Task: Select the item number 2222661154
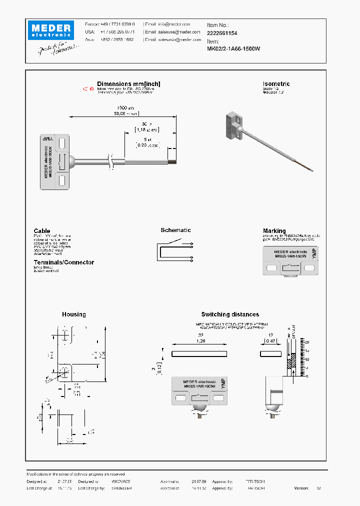pyautogui.click(x=222, y=33)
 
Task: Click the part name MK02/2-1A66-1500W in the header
pyautogui.click(x=233, y=49)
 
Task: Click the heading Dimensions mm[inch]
pyautogui.click(x=128, y=84)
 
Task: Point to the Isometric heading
pyautogui.click(x=276, y=84)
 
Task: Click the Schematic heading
pyautogui.click(x=175, y=230)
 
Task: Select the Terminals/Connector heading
pyautogui.click(x=63, y=262)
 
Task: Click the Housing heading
pyautogui.click(x=74, y=314)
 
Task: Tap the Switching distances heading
pyautogui.click(x=230, y=314)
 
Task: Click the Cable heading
pyautogui.click(x=42, y=231)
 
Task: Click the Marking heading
pyautogui.click(x=274, y=231)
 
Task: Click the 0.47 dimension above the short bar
pyautogui.click(x=270, y=341)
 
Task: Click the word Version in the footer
pyautogui.click(x=301, y=488)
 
